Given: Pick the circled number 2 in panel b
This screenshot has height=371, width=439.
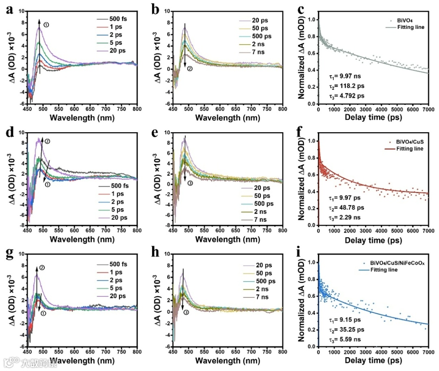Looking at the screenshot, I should tap(189, 69).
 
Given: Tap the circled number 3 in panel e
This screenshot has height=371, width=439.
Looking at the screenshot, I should tap(190, 183).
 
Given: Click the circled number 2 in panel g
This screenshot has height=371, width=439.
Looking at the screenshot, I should tap(41, 268).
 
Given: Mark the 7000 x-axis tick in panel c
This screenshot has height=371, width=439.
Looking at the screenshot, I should tap(428, 109).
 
